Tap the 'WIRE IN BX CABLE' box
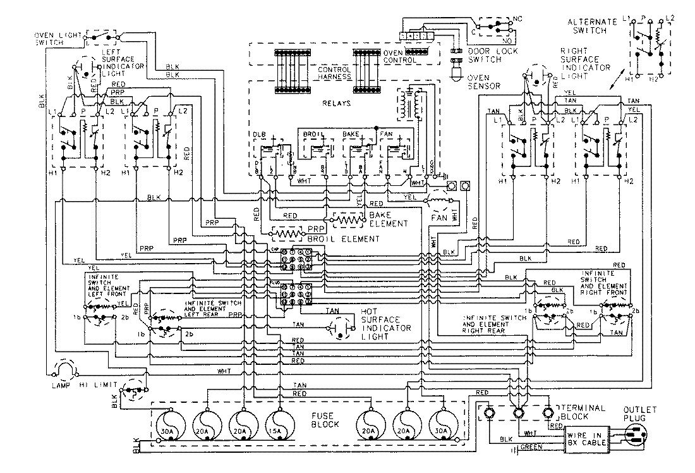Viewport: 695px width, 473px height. click(588, 438)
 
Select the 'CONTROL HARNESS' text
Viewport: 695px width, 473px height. click(333, 73)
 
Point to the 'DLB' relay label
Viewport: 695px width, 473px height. click(260, 135)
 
